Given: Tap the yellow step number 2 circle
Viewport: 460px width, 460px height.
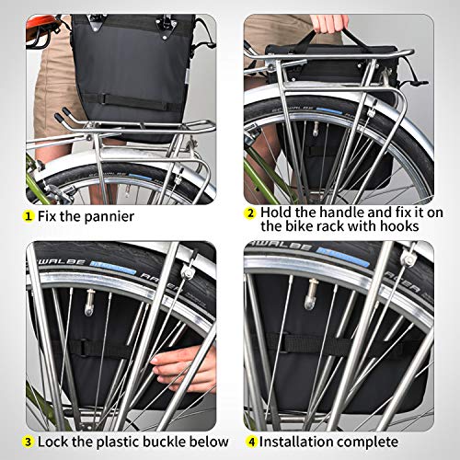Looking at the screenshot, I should coord(250,212).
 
